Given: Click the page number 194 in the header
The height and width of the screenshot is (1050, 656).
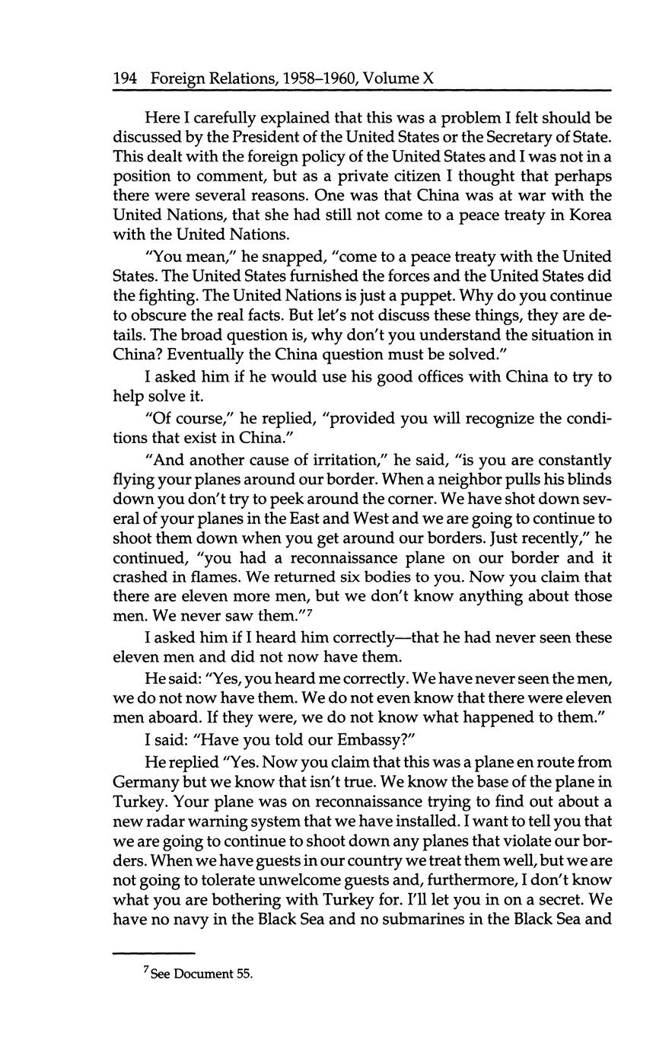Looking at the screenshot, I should (126, 78).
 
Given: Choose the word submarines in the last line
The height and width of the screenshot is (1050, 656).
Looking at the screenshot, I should (406, 919).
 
